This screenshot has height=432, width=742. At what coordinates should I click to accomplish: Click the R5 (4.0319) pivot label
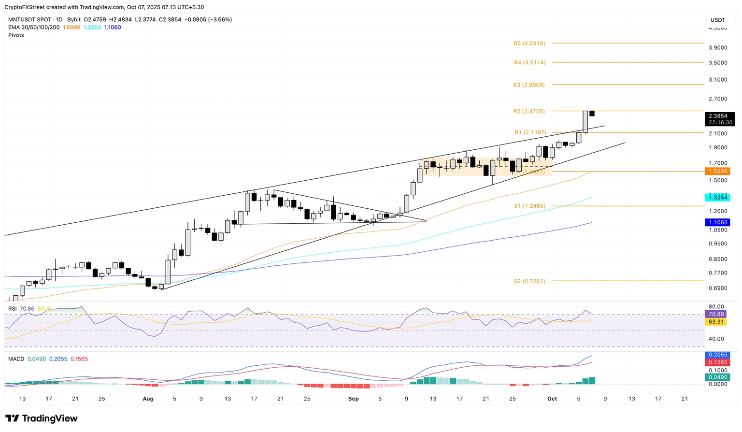click(x=529, y=43)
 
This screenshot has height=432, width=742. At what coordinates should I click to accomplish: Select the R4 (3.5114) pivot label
click(x=529, y=63)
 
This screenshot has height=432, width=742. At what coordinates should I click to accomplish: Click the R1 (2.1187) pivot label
click(x=530, y=132)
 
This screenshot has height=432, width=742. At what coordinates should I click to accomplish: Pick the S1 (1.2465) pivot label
click(x=529, y=206)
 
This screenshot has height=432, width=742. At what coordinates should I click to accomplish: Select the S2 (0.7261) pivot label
click(x=529, y=281)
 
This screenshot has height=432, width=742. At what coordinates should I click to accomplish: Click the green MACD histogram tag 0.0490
click(x=717, y=377)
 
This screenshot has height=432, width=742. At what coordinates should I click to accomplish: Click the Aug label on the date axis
click(x=148, y=399)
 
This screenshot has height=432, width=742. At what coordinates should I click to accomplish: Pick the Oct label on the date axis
click(x=552, y=399)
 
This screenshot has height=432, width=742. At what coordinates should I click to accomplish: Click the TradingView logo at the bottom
click(x=42, y=418)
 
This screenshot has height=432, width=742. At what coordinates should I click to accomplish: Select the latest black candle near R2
click(x=592, y=114)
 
